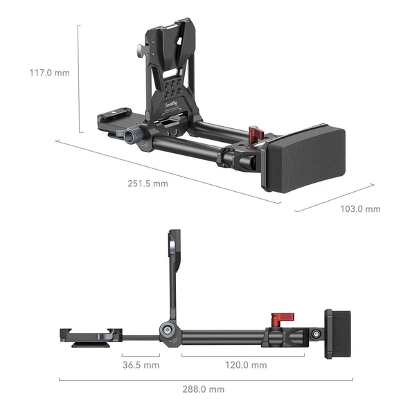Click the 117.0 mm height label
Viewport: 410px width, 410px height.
pyautogui.click(x=49, y=72)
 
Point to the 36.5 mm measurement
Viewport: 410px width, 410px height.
pyautogui.click(x=141, y=364)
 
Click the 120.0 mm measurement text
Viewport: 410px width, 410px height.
pyautogui.click(x=244, y=364)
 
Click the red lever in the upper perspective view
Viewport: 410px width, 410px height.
pyautogui.click(x=256, y=132)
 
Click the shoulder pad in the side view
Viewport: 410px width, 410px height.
pyautogui.click(x=339, y=335)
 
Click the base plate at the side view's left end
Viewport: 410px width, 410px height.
pyautogui.click(x=86, y=335)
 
